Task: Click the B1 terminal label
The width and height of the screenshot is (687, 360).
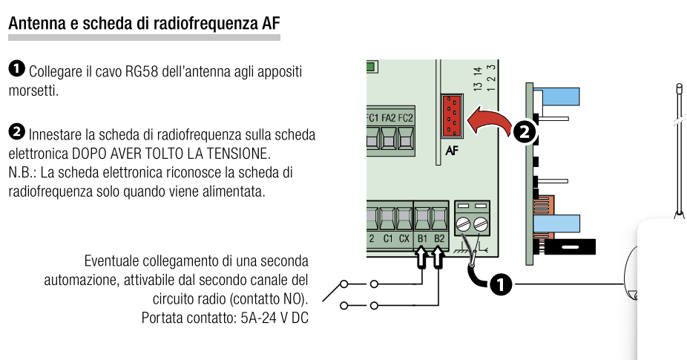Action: click(x=423, y=238)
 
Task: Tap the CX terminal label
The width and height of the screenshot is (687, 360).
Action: click(x=404, y=238)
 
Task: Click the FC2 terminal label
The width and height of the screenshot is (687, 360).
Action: click(x=405, y=118)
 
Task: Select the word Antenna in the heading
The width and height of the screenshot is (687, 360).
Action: click(x=34, y=23)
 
